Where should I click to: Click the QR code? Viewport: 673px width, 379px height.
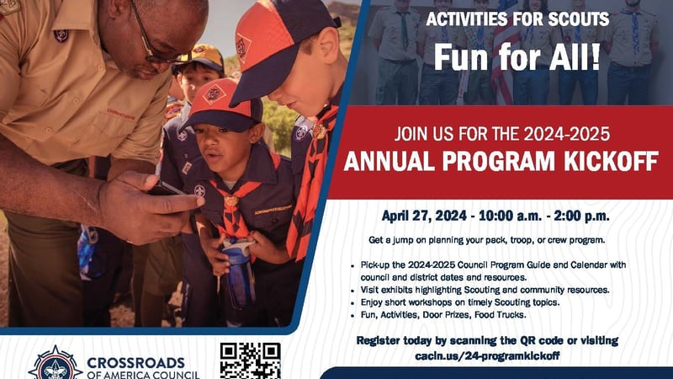pos(250,361)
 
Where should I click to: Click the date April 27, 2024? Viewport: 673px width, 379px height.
pos(424,216)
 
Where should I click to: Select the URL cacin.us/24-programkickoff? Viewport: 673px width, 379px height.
pos(487,355)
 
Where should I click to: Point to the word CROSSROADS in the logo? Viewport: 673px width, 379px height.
pos(135,363)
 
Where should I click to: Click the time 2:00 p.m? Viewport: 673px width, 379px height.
pos(581,216)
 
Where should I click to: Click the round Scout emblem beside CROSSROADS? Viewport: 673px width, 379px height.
pos(56,364)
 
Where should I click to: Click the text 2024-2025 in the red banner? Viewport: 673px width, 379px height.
pos(566,134)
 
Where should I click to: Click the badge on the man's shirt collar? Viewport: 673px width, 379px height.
pos(61,35)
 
